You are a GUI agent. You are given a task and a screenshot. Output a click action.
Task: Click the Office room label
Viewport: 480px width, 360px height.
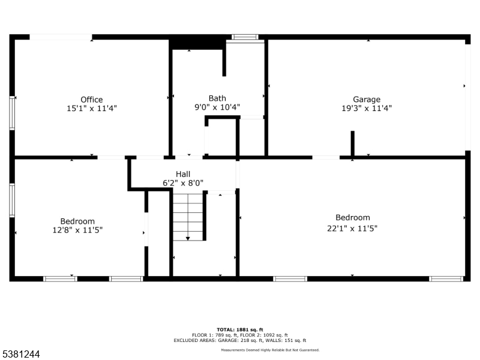pos(92,100)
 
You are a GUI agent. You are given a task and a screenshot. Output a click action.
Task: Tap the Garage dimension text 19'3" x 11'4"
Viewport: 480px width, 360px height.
pos(367,108)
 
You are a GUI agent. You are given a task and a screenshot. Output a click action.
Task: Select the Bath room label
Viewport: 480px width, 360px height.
pos(217,98)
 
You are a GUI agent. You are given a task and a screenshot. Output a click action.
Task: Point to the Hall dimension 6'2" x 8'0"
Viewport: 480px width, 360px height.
pos(183,183)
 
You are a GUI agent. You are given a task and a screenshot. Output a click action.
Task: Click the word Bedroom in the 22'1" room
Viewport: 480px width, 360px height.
pos(353,217)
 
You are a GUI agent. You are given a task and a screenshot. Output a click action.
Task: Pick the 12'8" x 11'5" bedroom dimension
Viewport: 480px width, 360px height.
pos(77,230)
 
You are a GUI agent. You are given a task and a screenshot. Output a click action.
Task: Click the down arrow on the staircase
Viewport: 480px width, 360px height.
pos(188,238)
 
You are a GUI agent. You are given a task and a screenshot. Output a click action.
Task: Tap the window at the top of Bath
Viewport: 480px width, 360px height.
pos(245,37)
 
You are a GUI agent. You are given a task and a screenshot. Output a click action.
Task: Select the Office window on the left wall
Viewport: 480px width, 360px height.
pos(12,113)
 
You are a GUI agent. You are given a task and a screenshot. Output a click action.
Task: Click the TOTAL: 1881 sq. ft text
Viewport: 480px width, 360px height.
pos(239,329)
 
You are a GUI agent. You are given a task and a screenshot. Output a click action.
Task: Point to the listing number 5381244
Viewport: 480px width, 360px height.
pos(20,354)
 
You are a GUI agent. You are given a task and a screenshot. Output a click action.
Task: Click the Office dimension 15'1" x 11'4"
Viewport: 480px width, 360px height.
pos(92,109)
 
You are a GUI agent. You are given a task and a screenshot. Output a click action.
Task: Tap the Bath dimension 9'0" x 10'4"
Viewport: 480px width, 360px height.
pos(217,107)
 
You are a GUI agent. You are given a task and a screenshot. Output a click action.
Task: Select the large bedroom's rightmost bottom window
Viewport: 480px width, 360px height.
pos(446,279)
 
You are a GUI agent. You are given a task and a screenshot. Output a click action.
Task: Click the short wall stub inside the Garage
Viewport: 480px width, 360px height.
pos(352,143)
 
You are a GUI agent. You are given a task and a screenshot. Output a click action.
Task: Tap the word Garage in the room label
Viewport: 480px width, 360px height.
pos(367,100)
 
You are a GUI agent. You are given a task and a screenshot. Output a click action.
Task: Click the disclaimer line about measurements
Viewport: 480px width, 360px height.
pos(271,350)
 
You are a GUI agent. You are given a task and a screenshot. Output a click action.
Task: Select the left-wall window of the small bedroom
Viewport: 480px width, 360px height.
pos(12,200)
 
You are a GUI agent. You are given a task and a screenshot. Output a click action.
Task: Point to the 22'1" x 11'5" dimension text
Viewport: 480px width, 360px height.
pos(352,229)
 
